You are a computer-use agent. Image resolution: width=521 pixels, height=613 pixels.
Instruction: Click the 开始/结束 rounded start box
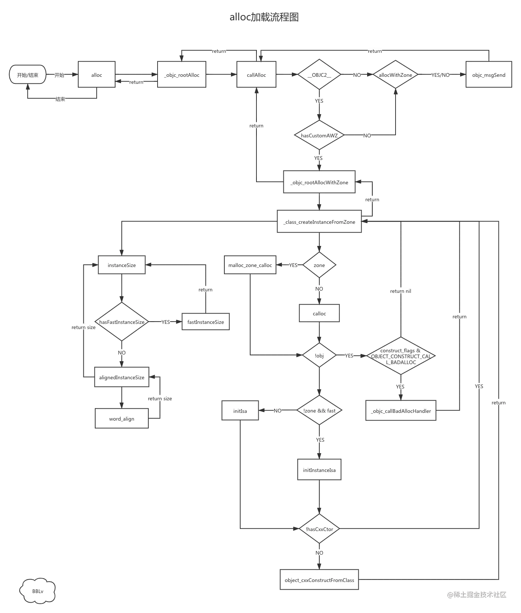pyautogui.click(x=28, y=75)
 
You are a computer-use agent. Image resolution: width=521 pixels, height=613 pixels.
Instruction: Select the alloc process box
pyautogui.click(x=96, y=75)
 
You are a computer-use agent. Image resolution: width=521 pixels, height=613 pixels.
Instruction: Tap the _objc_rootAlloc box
pyautogui.click(x=182, y=75)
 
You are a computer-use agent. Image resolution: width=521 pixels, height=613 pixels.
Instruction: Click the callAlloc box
pyautogui.click(x=256, y=75)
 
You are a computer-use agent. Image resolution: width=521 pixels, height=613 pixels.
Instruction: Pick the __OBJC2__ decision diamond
pyautogui.click(x=319, y=75)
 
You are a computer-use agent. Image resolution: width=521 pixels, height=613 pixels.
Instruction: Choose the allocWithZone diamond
pyautogui.click(x=395, y=75)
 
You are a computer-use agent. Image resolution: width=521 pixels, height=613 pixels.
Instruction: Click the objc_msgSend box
pyautogui.click(x=489, y=75)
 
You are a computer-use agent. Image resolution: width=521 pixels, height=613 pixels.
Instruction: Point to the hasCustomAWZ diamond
pyautogui.click(x=319, y=136)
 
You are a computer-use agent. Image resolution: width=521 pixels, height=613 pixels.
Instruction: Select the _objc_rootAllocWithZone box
pyautogui.click(x=319, y=182)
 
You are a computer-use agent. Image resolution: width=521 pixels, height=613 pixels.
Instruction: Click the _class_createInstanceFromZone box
pyautogui.click(x=319, y=222)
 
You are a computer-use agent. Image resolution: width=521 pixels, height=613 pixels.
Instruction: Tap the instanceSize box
pyautogui.click(x=122, y=265)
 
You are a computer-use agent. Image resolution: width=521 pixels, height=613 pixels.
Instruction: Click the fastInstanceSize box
pyautogui.click(x=206, y=322)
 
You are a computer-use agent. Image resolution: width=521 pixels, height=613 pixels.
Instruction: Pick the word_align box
pyautogui.click(x=122, y=419)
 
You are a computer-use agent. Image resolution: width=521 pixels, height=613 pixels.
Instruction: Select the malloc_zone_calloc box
pyautogui.click(x=250, y=265)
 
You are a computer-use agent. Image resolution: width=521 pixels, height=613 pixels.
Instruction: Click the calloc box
pyautogui.click(x=319, y=314)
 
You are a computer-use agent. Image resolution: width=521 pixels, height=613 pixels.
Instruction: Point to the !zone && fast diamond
pyautogui.click(x=319, y=411)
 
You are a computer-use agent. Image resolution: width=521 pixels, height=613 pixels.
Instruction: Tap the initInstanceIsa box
pyautogui.click(x=319, y=470)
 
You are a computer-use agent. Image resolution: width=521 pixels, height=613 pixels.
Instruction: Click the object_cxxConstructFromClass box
pyautogui.click(x=319, y=580)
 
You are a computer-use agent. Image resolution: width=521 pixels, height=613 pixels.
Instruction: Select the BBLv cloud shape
pyautogui.click(x=38, y=591)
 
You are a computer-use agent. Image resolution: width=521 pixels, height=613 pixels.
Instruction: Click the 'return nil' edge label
pyautogui.click(x=400, y=291)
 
